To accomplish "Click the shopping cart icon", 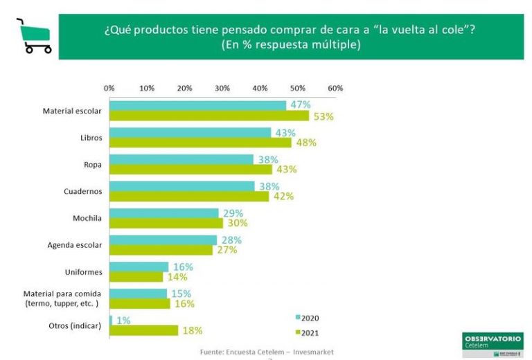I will [x=33, y=36].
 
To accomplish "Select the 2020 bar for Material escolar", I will [x=197, y=105].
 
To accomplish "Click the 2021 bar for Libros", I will [x=200, y=143].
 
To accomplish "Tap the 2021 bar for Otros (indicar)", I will [x=143, y=330].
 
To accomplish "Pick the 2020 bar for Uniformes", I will [x=139, y=267].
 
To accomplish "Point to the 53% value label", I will [x=323, y=116].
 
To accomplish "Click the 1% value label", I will [x=123, y=320].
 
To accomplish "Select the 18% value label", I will [x=192, y=331].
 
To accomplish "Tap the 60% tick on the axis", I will [x=335, y=89].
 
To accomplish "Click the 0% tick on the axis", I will [x=109, y=89].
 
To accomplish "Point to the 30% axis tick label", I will [x=222, y=89].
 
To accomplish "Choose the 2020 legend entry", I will [x=306, y=318].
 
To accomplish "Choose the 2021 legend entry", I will [x=306, y=333].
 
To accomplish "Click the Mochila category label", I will [x=87, y=218].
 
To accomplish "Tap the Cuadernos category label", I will [x=83, y=191].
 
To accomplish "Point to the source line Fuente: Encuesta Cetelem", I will [x=267, y=352].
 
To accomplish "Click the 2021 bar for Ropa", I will [x=191, y=170].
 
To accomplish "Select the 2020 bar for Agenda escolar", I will [x=163, y=240].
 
